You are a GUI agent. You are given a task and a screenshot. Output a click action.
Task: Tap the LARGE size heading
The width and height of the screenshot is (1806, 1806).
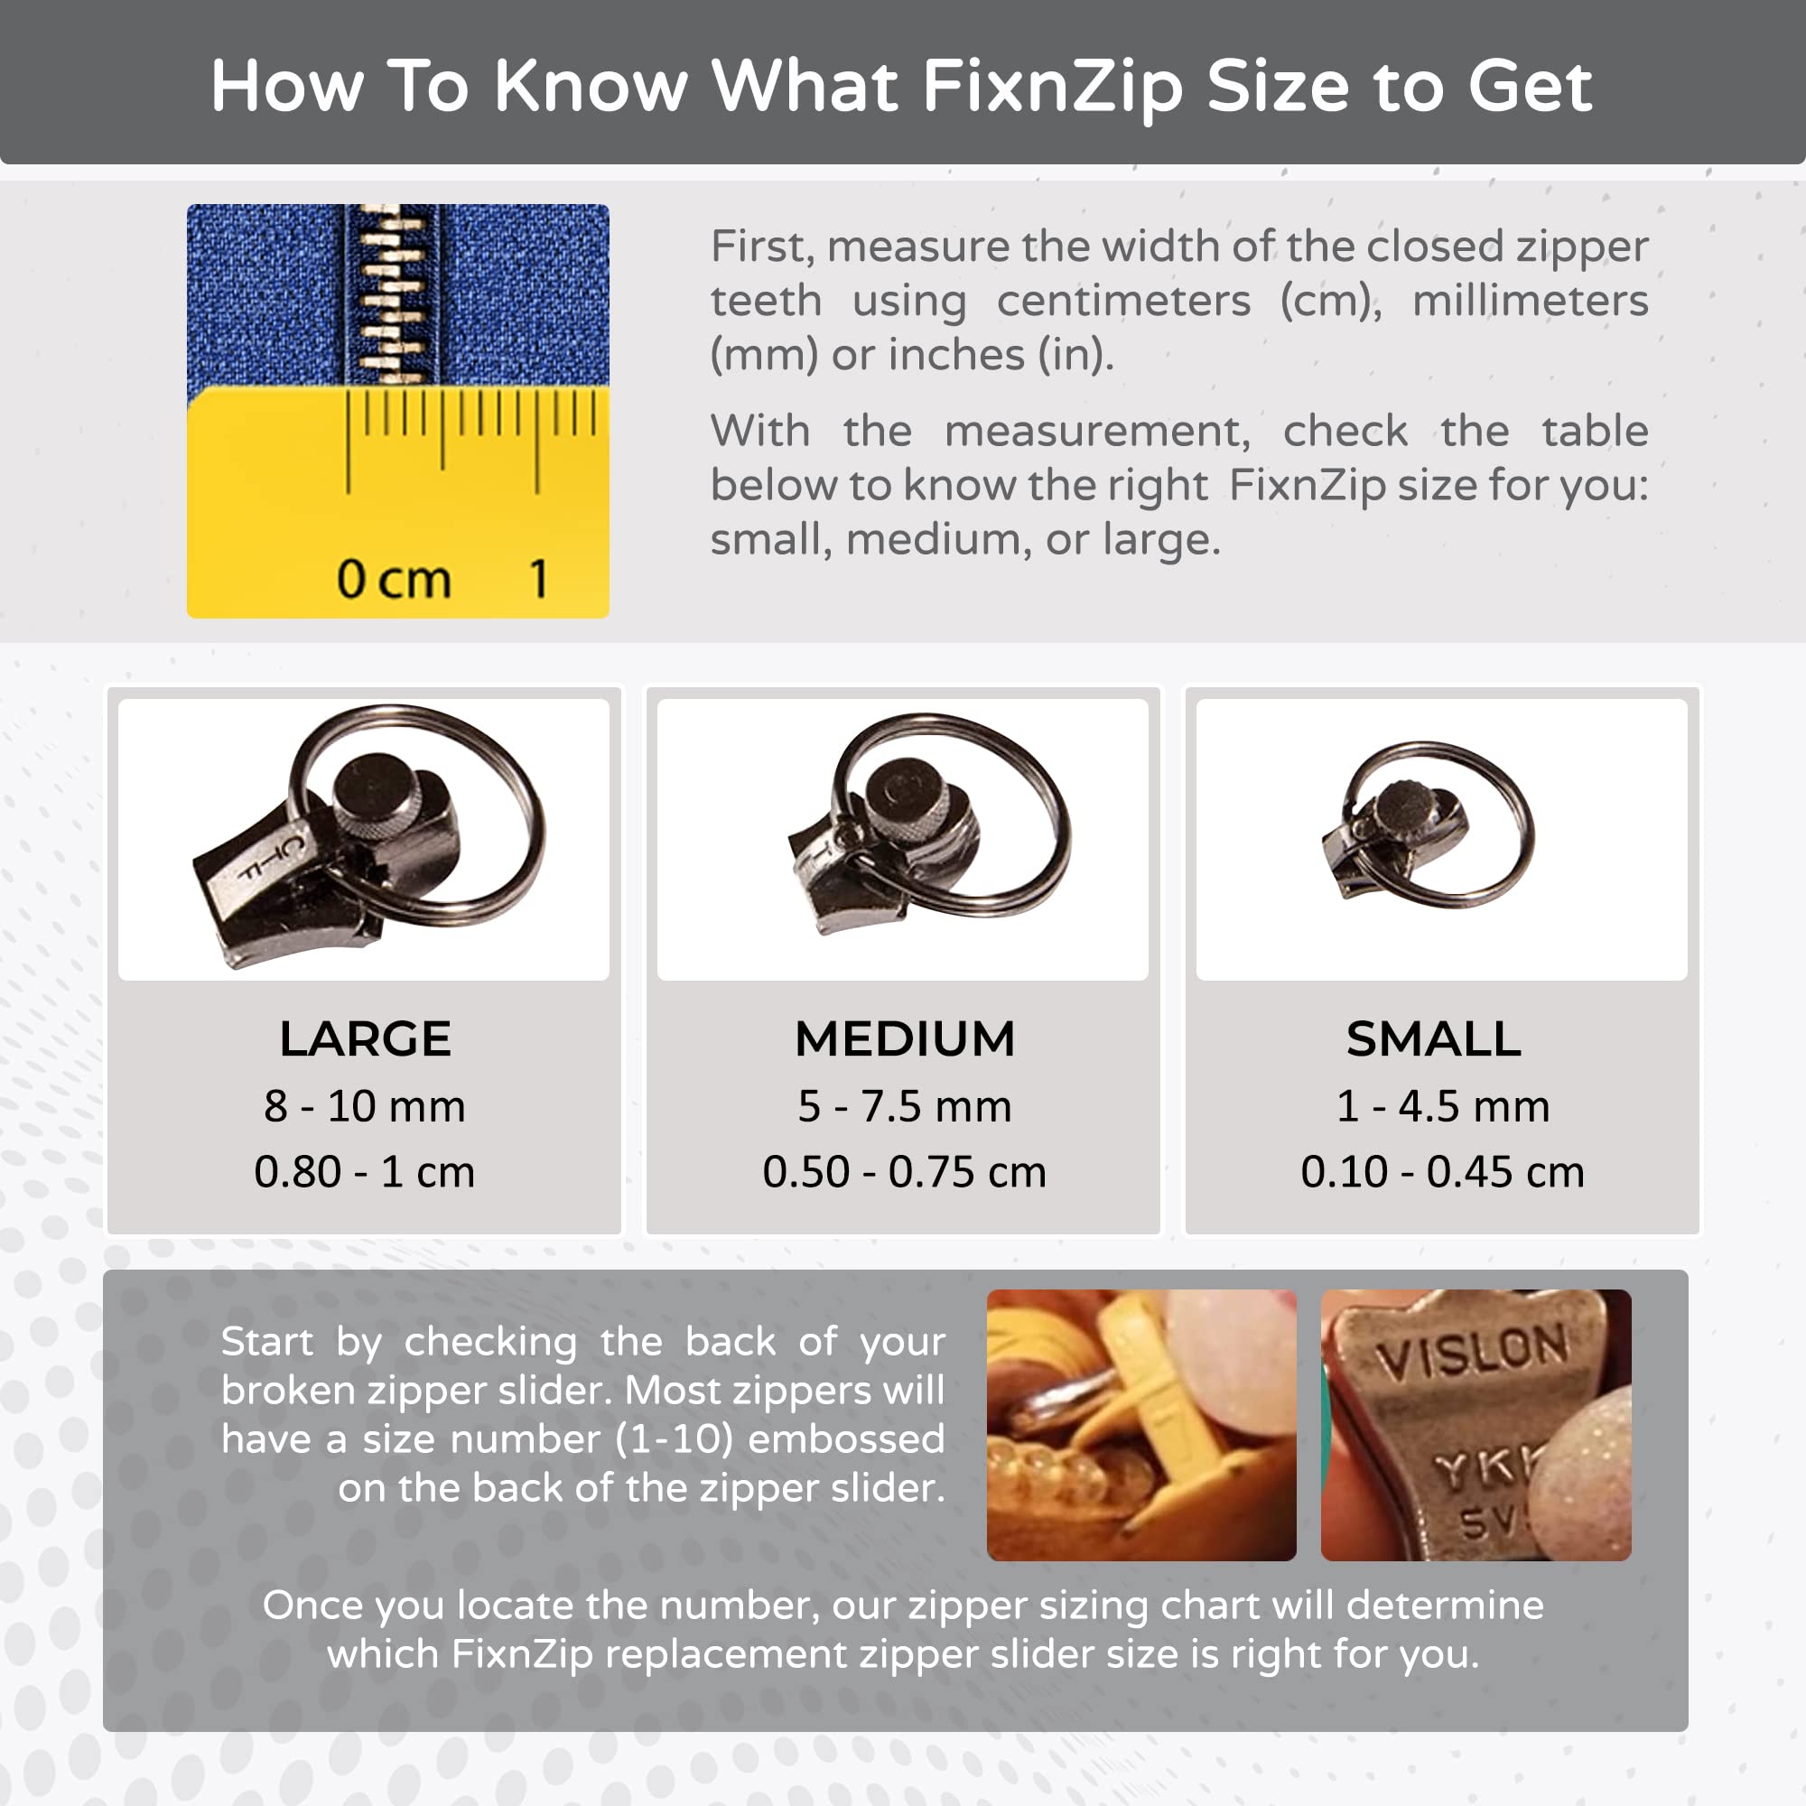tap(365, 1038)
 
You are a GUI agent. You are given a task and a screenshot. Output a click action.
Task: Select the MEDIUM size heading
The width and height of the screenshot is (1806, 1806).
tap(904, 1038)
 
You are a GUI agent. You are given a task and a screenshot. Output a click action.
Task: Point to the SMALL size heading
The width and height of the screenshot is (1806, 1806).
tap(1433, 1038)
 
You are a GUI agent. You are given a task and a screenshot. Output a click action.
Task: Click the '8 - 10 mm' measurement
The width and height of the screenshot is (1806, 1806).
tap(365, 1106)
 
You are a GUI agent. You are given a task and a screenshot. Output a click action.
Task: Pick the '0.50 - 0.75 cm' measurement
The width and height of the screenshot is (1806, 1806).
tap(904, 1171)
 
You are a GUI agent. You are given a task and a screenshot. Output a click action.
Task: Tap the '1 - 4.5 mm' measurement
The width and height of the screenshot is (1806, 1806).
tap(1442, 1106)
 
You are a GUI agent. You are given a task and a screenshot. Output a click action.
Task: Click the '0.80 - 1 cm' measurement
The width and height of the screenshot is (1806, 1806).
tap(365, 1171)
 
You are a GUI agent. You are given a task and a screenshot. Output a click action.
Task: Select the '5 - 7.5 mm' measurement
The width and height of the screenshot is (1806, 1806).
tap(904, 1106)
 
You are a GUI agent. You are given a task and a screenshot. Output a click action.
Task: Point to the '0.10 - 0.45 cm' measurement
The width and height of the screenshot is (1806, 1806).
tap(1442, 1171)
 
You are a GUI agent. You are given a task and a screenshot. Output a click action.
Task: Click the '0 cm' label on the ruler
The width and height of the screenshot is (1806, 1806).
tap(394, 579)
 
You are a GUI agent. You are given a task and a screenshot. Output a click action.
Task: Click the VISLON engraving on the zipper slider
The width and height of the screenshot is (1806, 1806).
tap(1471, 1351)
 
